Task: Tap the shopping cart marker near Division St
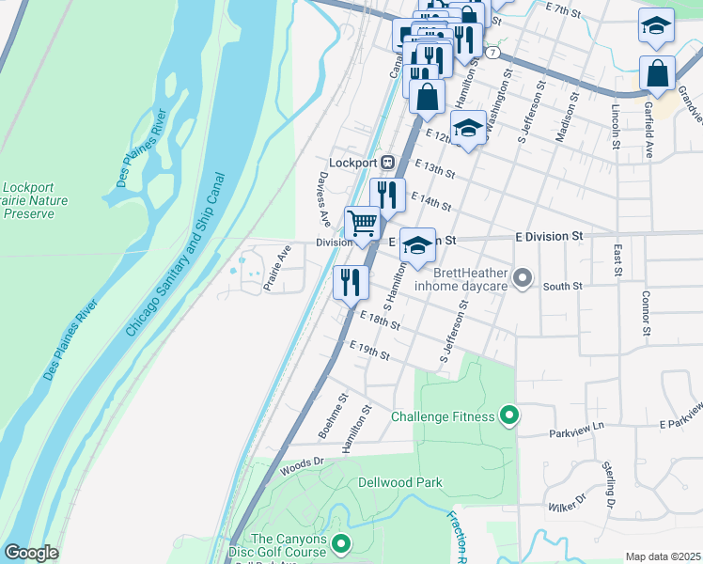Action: coord(363,224)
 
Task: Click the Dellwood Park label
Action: coord(399,482)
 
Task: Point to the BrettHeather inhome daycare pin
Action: coord(523,279)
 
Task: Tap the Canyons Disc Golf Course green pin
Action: coord(340,543)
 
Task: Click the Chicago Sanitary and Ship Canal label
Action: coord(177,255)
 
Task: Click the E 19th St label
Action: coord(368,352)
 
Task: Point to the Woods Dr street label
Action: coord(301,466)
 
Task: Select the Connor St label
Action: coord(646,312)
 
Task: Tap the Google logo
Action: coord(30,553)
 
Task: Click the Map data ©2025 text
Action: coord(664,556)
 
